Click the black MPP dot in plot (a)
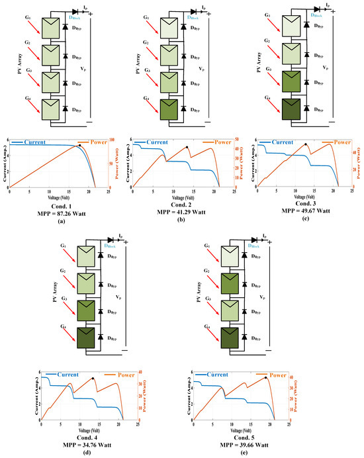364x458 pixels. coord(79,144)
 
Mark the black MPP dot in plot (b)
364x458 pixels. coord(187,147)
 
